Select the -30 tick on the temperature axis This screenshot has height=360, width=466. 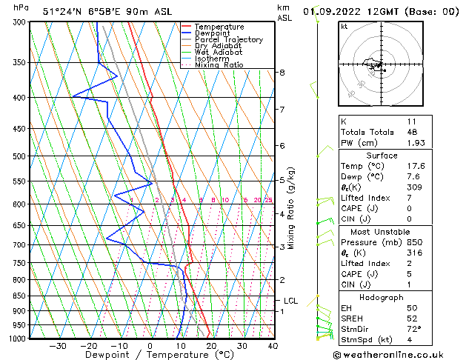tap(58, 346)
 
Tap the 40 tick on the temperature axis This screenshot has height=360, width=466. tap(273, 346)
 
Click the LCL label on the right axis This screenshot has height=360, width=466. tap(290, 301)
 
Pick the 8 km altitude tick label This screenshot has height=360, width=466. tap(282, 73)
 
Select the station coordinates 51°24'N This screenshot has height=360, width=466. tap(59, 11)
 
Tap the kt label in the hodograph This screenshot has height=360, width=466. tap(344, 27)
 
